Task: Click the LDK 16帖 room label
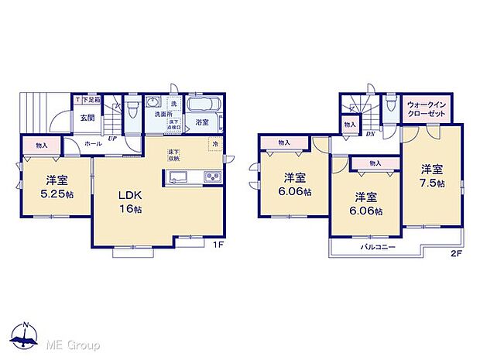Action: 129,201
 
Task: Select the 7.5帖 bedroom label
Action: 432,175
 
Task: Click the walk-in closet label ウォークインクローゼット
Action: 427,107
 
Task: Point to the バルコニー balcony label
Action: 377,247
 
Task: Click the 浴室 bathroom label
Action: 202,122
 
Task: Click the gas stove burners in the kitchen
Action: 213,178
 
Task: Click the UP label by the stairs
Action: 112,139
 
